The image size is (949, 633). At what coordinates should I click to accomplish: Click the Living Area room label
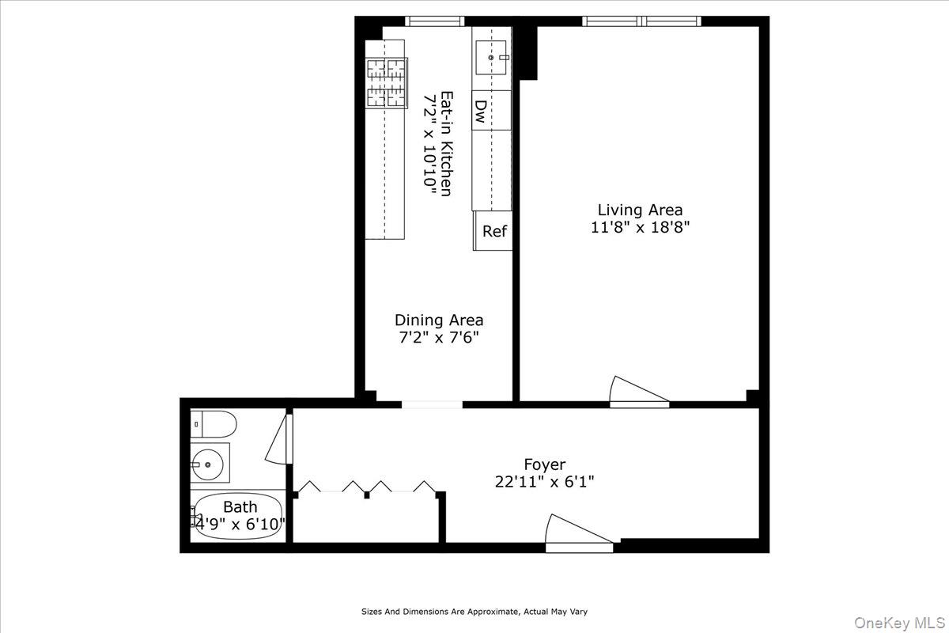pyautogui.click(x=640, y=210)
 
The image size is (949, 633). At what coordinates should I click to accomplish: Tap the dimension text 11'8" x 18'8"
pyautogui.click(x=640, y=227)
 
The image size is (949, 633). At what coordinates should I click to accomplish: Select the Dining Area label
pyautogui.click(x=439, y=320)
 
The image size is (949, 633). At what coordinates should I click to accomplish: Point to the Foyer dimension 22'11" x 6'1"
pyautogui.click(x=545, y=481)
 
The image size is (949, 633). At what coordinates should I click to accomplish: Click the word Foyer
pyautogui.click(x=545, y=464)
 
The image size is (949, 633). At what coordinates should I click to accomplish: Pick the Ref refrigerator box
pyautogui.click(x=494, y=232)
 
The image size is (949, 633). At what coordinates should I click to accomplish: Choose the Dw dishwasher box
pyautogui.click(x=480, y=109)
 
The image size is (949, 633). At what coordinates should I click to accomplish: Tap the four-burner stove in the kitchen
pyautogui.click(x=387, y=82)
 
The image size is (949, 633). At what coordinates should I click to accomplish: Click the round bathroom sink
pyautogui.click(x=209, y=464)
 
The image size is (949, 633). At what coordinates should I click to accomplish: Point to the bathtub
pyautogui.click(x=237, y=516)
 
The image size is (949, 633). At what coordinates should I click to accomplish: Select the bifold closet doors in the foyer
pyautogui.click(x=366, y=487)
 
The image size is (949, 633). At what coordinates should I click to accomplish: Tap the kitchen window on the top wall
pyautogui.click(x=435, y=21)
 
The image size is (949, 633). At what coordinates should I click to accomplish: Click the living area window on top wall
pyautogui.click(x=641, y=21)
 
